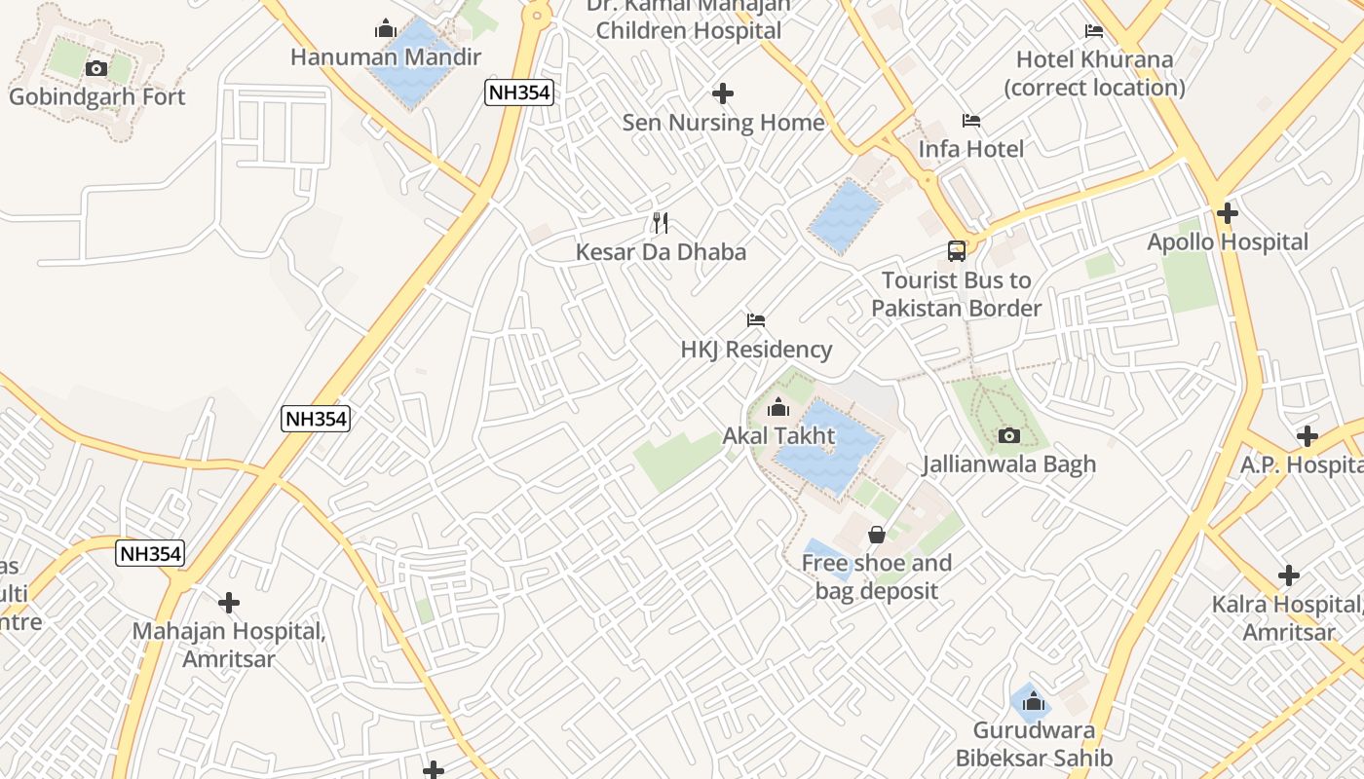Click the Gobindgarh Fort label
96,96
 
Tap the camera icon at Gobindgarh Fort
96,68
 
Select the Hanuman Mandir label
386,56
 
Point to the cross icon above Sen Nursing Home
722,93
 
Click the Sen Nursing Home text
723,123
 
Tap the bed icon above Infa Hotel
970,121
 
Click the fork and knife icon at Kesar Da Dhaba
661,223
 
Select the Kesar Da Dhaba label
661,252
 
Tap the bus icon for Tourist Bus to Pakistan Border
957,251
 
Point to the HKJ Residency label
756,350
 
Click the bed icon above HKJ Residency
756,320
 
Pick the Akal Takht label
778,435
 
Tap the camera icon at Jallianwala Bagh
1009,435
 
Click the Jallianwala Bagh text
1009,464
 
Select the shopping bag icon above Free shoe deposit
877,534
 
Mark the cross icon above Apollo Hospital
1228,212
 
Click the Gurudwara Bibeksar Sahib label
1034,744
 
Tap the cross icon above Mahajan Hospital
229,603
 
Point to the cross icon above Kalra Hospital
1289,575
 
